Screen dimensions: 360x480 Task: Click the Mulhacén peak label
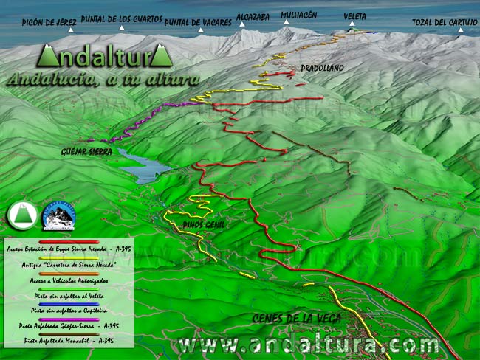[299, 14]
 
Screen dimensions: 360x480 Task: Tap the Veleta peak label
[354, 16]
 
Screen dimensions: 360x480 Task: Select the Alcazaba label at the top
[253, 15]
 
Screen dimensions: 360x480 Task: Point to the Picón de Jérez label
[49, 22]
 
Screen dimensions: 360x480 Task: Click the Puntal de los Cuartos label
[122, 19]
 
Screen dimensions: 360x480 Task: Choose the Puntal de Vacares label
[198, 22]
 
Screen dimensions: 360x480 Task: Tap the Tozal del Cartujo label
[445, 22]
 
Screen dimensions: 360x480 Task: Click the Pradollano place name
[322, 68]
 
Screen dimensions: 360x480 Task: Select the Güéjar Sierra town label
[87, 151]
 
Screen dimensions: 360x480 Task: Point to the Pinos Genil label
[203, 224]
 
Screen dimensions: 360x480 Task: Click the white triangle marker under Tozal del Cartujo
[461, 31]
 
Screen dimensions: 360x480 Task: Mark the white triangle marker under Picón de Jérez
[71, 30]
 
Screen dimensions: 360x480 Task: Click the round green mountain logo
[22, 215]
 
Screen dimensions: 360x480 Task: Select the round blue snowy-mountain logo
[58, 215]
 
